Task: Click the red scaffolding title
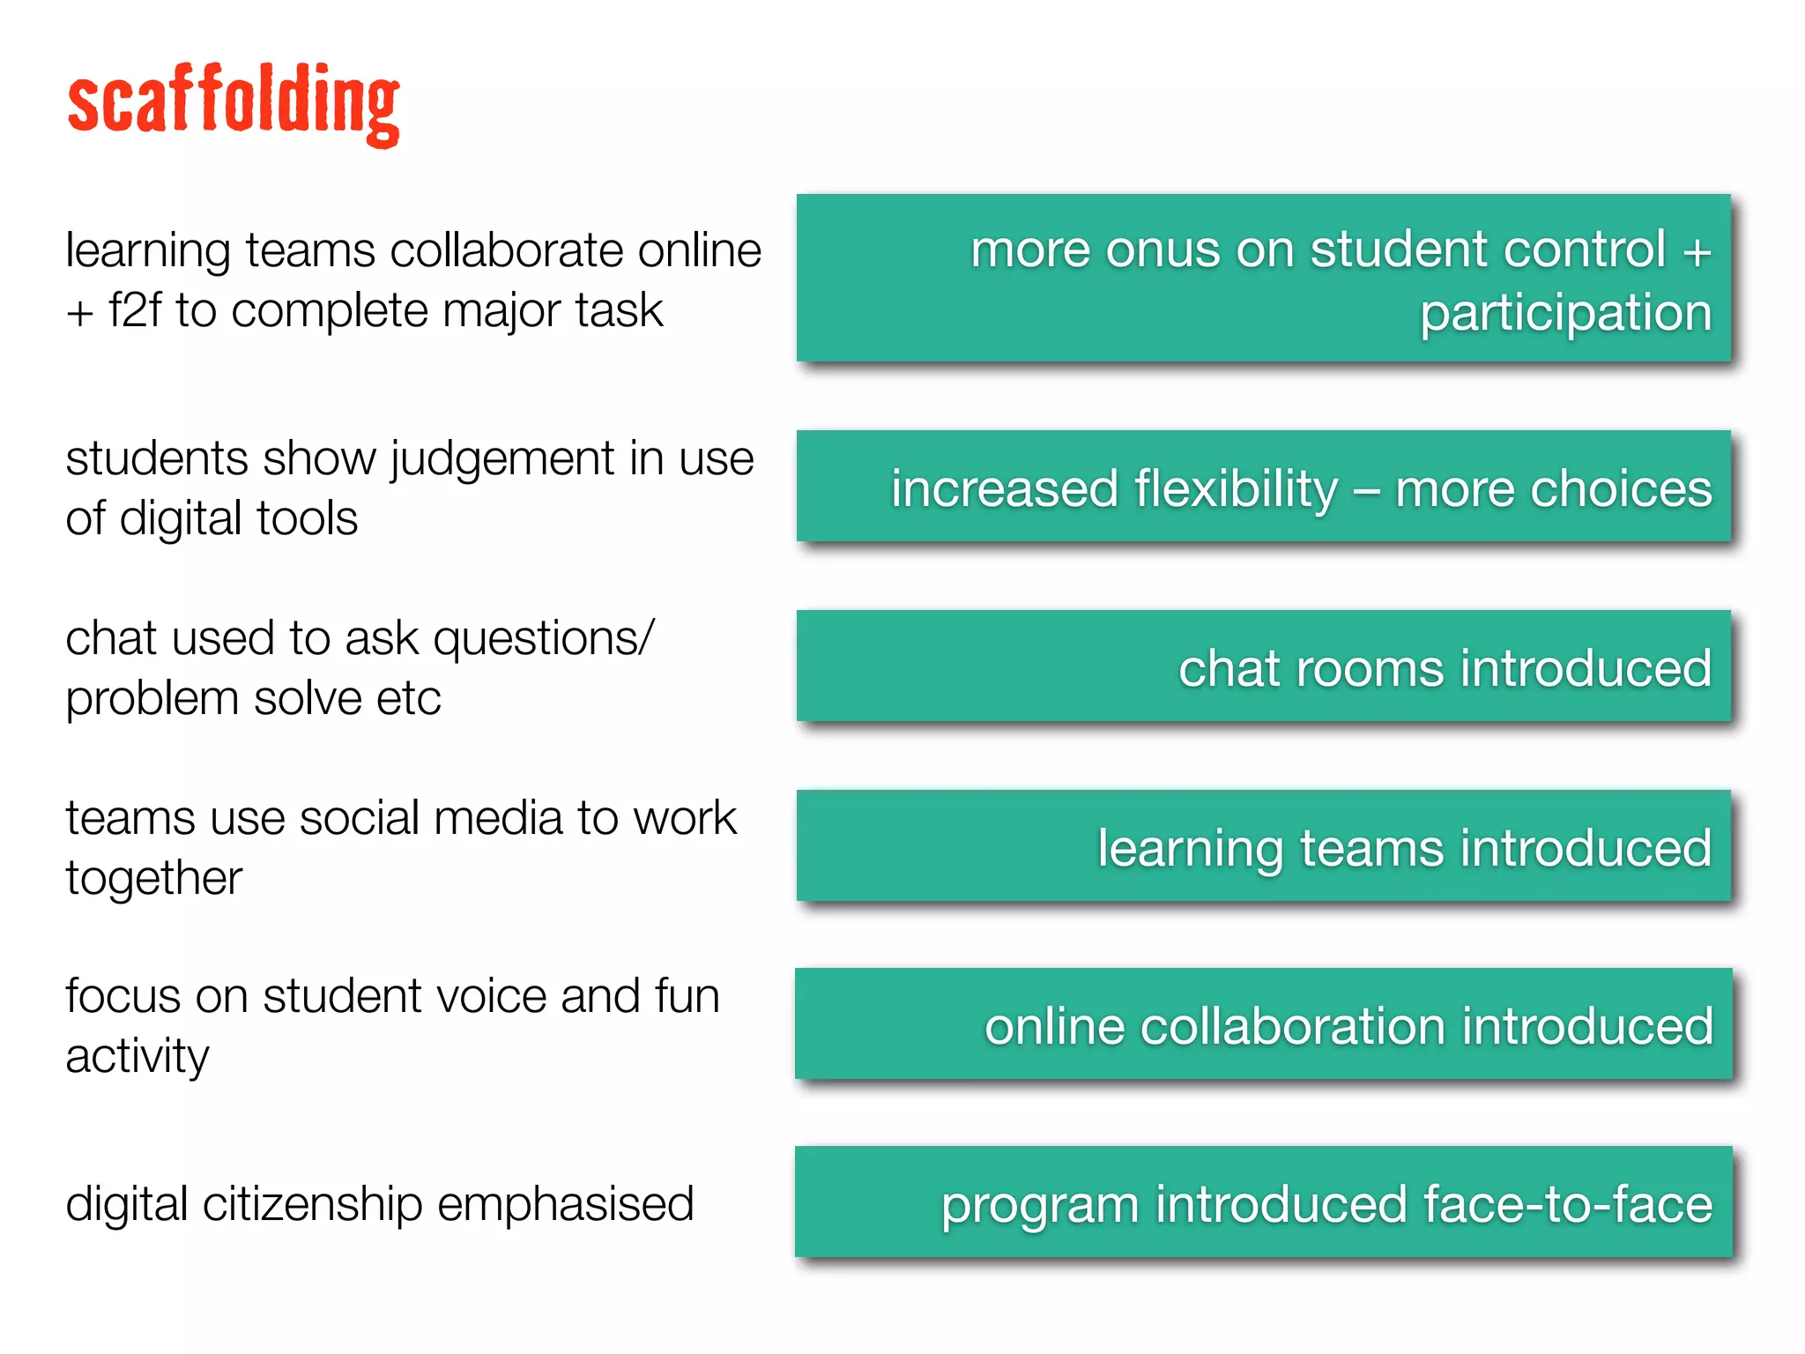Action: pyautogui.click(x=234, y=104)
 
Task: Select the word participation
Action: pyautogui.click(x=1565, y=314)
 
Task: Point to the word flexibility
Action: pyautogui.click(x=1236, y=489)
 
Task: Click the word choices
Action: pyautogui.click(x=1621, y=489)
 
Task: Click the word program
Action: pyautogui.click(x=1040, y=1206)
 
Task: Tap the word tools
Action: pyautogui.click(x=308, y=518)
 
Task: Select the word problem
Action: pyautogui.click(x=152, y=700)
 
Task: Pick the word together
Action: pyautogui.click(x=153, y=879)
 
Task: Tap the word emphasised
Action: pyautogui.click(x=565, y=1205)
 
